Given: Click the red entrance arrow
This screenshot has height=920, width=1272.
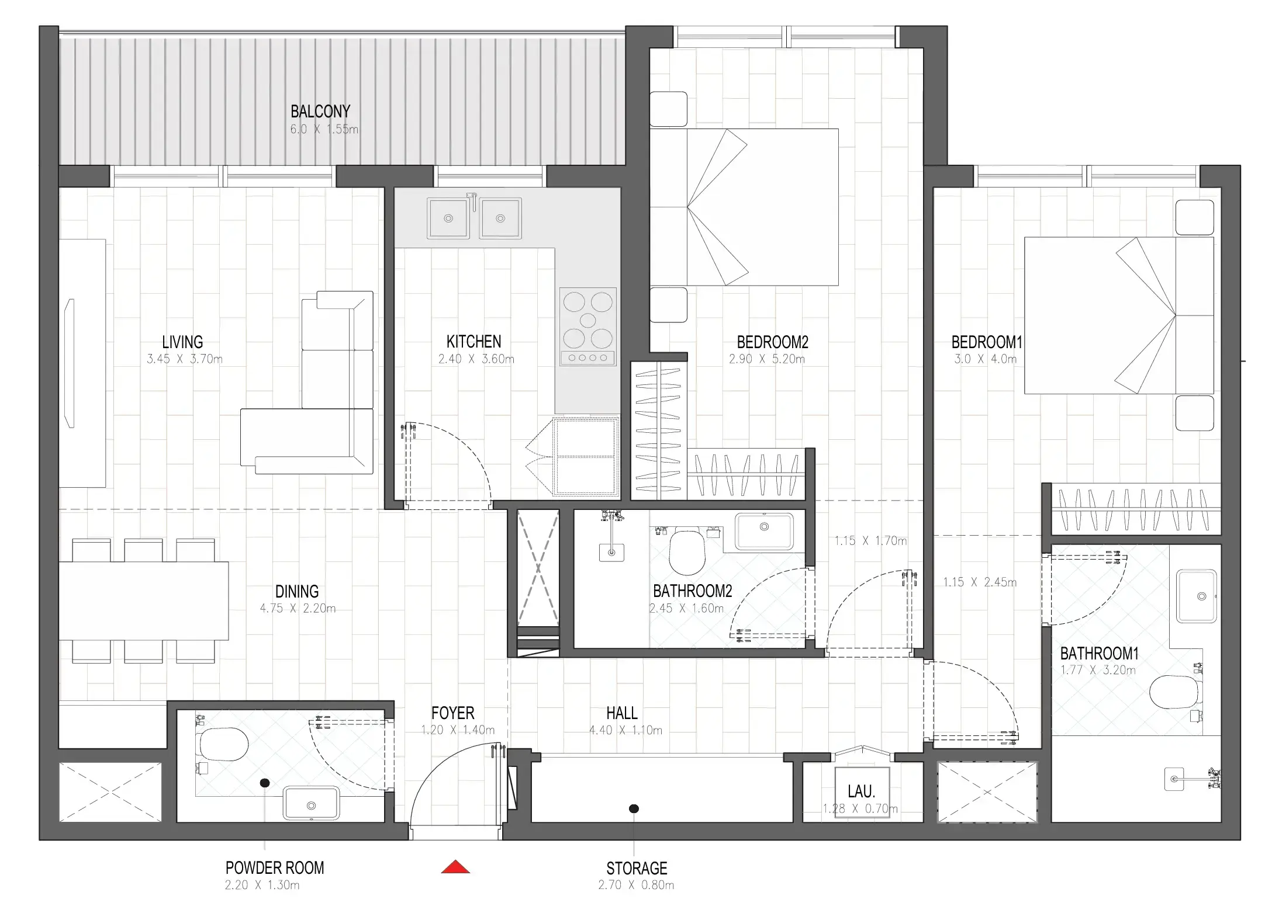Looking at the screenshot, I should click(x=455, y=867).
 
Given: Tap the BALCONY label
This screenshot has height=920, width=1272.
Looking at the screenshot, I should click(x=320, y=111).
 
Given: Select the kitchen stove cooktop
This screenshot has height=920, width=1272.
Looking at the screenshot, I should click(x=587, y=327).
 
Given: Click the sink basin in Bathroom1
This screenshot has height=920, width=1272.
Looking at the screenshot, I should click(x=1197, y=596).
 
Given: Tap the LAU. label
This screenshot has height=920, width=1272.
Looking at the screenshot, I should click(x=861, y=792).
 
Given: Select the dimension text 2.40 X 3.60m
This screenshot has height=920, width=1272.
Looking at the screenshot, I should click(x=476, y=359).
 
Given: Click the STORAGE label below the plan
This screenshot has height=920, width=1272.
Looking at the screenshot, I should click(x=637, y=868).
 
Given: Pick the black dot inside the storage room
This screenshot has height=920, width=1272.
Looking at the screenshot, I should click(x=634, y=809).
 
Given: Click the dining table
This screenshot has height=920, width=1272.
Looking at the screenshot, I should click(x=143, y=600).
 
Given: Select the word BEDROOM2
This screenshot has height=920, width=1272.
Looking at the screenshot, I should click(x=772, y=342).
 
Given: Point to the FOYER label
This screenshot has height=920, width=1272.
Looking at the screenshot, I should click(x=452, y=713).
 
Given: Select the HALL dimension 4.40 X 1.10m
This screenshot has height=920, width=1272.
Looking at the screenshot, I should click(x=625, y=730).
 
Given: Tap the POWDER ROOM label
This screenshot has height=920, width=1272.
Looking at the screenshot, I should click(x=275, y=867).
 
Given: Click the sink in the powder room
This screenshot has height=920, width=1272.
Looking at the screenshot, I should click(x=311, y=804).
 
